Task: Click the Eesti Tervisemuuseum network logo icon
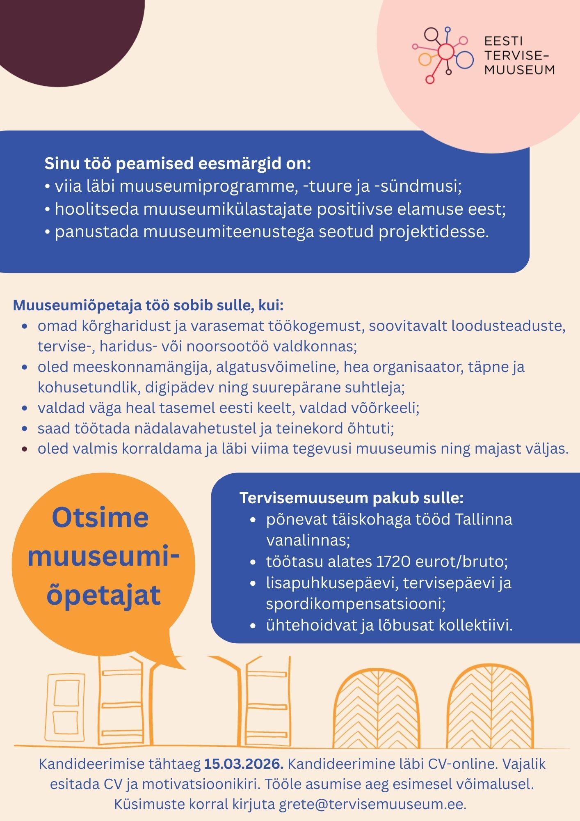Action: point(443,53)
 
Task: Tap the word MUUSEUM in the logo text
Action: point(519,70)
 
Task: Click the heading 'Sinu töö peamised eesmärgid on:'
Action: point(178,163)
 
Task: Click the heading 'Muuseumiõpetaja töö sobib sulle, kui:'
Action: point(148,305)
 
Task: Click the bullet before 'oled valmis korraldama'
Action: point(25,449)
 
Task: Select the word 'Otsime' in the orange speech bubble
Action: point(100,518)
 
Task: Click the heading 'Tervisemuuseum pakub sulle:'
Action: point(352,498)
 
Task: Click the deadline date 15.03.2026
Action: point(244,764)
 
